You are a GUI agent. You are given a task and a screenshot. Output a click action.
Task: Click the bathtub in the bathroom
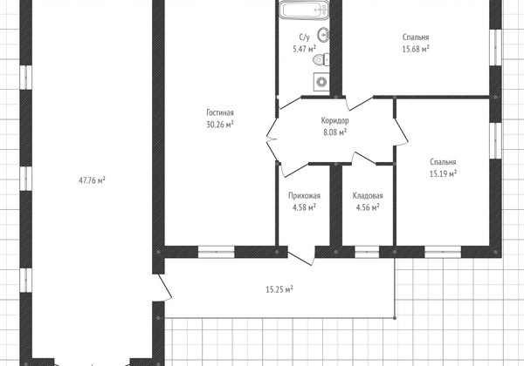(305, 10)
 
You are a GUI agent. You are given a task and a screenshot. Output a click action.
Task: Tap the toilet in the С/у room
(321, 60)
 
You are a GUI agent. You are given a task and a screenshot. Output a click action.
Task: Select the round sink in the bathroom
(323, 34)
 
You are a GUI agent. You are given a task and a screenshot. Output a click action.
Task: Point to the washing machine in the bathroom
(321, 81)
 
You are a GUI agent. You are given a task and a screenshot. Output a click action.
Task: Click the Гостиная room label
(220, 112)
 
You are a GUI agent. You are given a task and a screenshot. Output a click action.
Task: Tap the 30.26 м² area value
(220, 125)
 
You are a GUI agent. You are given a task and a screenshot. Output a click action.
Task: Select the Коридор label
(334, 120)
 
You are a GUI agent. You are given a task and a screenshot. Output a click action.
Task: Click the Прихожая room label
(304, 196)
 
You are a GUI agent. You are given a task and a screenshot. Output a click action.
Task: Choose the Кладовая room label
(368, 196)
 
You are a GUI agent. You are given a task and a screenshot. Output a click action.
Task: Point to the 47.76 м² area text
(92, 180)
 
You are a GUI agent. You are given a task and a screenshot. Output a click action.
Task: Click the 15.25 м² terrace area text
(279, 289)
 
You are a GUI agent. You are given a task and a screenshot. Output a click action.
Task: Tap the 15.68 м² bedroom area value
(416, 49)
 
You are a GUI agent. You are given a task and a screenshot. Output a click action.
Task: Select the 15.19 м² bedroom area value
(443, 173)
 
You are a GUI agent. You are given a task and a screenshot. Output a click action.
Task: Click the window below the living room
(217, 252)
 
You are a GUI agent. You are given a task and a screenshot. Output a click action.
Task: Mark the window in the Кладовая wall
(367, 252)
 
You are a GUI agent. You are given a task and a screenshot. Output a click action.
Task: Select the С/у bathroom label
(304, 37)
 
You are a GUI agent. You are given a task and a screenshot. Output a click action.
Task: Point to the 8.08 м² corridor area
(334, 132)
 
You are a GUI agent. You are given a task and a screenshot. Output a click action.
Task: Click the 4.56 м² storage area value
(368, 207)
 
